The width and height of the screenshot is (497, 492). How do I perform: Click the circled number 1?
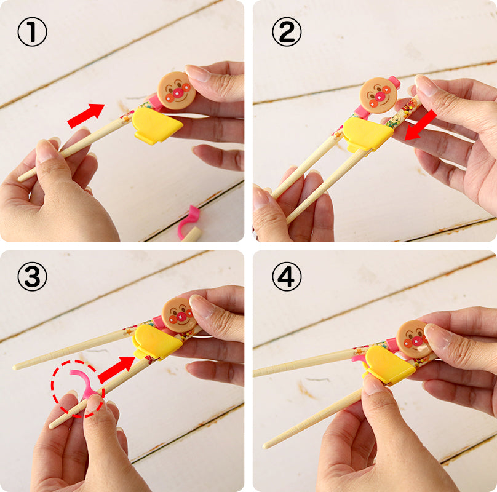pyautogui.click(x=32, y=32)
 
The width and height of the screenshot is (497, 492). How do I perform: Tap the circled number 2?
pyautogui.click(x=287, y=32)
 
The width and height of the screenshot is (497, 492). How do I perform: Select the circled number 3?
pyautogui.click(x=32, y=276)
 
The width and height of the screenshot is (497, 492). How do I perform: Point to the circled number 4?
pyautogui.click(x=287, y=276)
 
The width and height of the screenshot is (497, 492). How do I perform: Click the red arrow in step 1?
pyautogui.click(x=86, y=115)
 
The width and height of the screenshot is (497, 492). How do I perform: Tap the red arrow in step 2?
pyautogui.click(x=421, y=125)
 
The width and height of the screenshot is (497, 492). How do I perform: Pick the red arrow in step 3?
pyautogui.click(x=116, y=369)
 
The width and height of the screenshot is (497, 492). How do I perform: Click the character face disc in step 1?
pyautogui.click(x=177, y=90)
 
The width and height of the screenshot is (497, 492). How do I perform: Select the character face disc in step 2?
pyautogui.click(x=378, y=95)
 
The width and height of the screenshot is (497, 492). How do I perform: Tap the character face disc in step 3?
pyautogui.click(x=179, y=315)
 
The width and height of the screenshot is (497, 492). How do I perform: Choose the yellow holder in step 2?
pyautogui.click(x=367, y=135)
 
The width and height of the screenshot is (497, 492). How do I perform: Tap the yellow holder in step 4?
pyautogui.click(x=389, y=365)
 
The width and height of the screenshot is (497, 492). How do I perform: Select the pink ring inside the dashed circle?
pyautogui.click(x=83, y=383)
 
